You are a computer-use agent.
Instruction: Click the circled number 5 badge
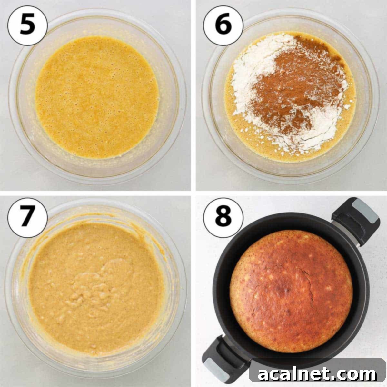27,25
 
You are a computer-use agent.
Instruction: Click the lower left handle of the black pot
223,358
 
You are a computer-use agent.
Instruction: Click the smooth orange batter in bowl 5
97,97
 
